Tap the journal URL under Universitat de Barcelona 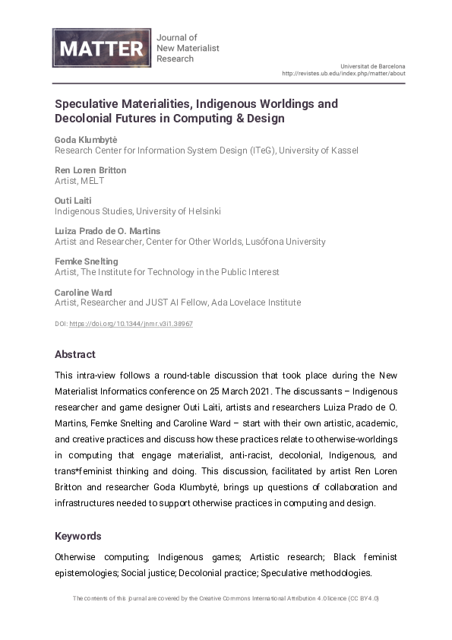pyautogui.click(x=343, y=74)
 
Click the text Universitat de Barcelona pyautogui.click(x=373, y=66)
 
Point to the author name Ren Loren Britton pyautogui.click(x=90, y=170)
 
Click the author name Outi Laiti pyautogui.click(x=73, y=201)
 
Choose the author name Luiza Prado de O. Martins pyautogui.click(x=107, y=231)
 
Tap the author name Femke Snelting pyautogui.click(x=87, y=261)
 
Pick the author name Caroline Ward pyautogui.click(x=83, y=292)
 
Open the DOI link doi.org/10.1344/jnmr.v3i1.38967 pyautogui.click(x=131, y=323)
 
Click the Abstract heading pyautogui.click(x=75, y=354)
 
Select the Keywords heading pyautogui.click(x=78, y=536)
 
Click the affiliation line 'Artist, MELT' pyautogui.click(x=79, y=181)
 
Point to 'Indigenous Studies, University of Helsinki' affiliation pyautogui.click(x=137, y=211)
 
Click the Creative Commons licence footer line pyautogui.click(x=226, y=598)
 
